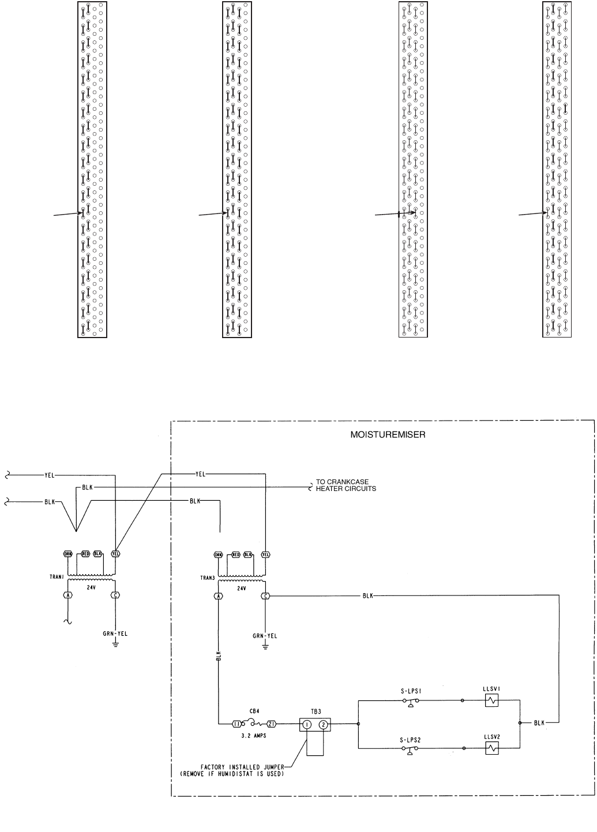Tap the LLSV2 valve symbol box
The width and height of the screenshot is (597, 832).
491,749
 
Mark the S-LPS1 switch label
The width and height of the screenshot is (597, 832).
410,689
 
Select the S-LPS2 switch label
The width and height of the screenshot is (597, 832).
410,738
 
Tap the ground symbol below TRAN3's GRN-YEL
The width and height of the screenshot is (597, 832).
265,646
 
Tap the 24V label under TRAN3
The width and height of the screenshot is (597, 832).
241,589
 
